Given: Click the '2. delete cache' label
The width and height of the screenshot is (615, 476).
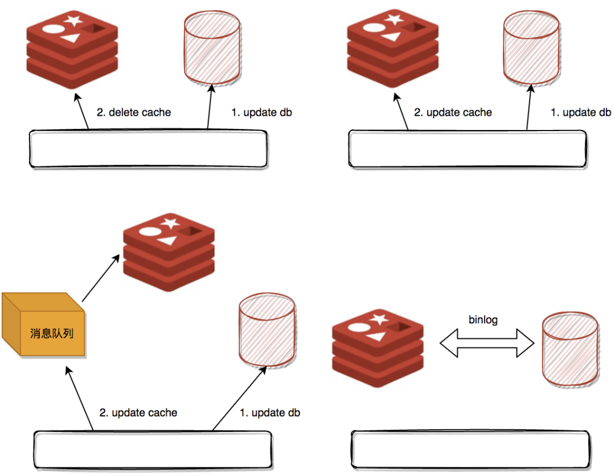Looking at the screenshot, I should coord(134,112).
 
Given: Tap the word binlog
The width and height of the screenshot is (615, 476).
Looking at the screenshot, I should coord(483,320).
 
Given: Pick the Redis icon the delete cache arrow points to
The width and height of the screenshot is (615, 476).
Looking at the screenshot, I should coord(72,48).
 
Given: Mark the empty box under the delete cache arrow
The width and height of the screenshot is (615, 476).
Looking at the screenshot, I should coord(148,149).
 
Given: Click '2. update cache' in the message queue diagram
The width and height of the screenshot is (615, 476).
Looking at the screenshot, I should coord(138,412).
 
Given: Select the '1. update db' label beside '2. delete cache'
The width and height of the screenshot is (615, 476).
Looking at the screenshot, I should coord(261,112).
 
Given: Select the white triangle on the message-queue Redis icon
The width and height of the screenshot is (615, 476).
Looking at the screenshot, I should coord(166,241).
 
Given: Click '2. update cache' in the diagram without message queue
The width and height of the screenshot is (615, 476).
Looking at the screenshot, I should coord(453,112).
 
